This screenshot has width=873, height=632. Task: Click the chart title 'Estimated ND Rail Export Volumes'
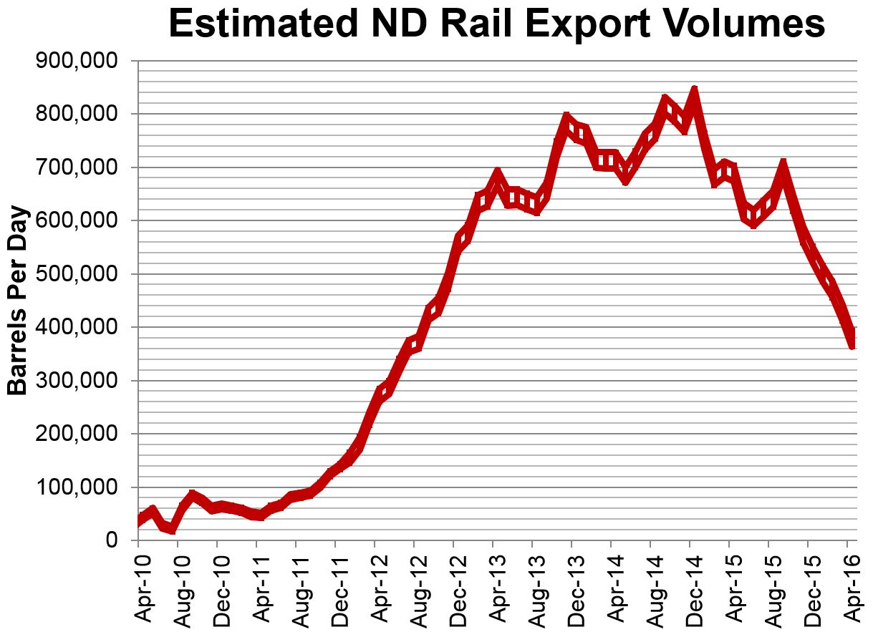click(496, 24)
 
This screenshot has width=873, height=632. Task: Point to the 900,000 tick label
click(76, 62)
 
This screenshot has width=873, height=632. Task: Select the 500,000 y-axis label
click(76, 274)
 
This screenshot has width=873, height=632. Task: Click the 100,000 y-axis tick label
click(76, 487)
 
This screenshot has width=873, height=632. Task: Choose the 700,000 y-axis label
click(76, 167)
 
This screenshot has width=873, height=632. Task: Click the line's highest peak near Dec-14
click(693, 92)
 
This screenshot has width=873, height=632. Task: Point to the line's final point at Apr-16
click(852, 344)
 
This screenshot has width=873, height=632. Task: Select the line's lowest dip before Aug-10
click(172, 530)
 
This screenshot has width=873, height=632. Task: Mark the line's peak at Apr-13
click(496, 172)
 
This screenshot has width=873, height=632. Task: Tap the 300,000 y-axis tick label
click(76, 381)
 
